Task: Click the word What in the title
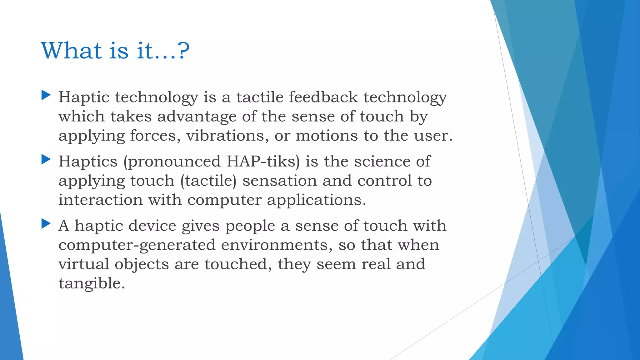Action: [x=71, y=51]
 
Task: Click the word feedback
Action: [x=323, y=97]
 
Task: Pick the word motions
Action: [x=327, y=136]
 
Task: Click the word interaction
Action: [x=100, y=200]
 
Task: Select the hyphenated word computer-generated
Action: [x=137, y=245]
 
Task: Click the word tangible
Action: [x=92, y=284]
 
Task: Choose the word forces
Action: [x=155, y=136]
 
